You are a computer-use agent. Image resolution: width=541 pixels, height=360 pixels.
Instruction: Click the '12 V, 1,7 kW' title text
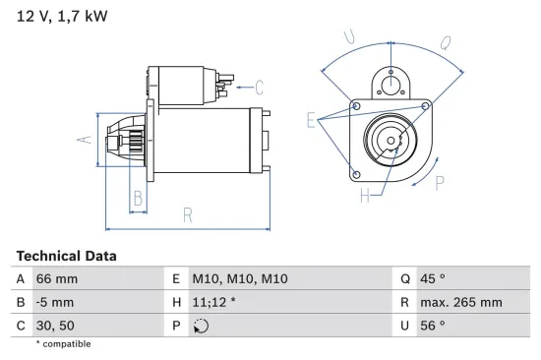tap(59, 16)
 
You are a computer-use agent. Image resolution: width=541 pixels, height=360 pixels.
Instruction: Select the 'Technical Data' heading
tap(66, 256)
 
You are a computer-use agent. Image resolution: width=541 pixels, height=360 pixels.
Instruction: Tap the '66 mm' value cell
tap(56, 279)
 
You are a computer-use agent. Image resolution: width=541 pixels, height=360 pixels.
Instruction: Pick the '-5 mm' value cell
tap(55, 302)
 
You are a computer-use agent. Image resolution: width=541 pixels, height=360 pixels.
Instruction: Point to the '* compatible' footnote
tap(63, 344)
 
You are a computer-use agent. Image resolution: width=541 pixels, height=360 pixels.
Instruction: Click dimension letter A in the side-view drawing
tap(85, 140)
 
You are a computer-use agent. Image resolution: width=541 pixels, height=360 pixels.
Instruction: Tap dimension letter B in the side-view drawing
tap(138, 199)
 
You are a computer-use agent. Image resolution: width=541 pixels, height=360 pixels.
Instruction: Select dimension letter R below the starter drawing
tap(187, 216)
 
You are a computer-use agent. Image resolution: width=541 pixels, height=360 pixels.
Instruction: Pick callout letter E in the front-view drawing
tap(311, 122)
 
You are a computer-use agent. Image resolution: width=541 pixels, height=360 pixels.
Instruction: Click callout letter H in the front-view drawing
tap(365, 196)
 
